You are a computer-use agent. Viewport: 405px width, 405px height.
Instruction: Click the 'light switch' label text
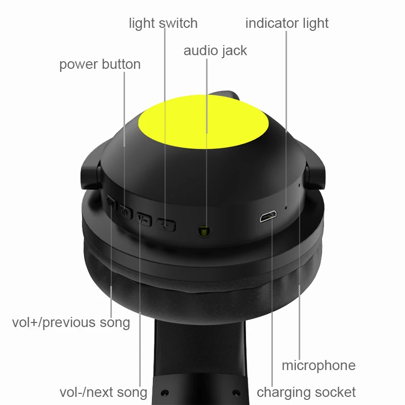click(x=163, y=24)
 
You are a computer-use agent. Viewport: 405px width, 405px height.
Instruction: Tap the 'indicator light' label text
click(x=287, y=24)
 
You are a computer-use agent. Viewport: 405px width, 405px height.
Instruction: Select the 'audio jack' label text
click(x=215, y=51)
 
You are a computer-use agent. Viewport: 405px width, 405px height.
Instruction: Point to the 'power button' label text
click(x=100, y=65)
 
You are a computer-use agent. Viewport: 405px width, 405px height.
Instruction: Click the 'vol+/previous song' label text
click(x=71, y=323)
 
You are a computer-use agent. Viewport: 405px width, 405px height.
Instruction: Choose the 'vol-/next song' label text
click(x=103, y=392)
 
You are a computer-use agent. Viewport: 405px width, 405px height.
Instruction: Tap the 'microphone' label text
click(x=318, y=366)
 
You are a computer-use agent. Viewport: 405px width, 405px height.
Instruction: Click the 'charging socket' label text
click(x=306, y=393)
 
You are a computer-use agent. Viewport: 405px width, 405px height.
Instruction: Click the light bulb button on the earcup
click(x=166, y=225)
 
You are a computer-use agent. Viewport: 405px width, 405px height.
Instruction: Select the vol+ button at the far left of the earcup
click(x=111, y=202)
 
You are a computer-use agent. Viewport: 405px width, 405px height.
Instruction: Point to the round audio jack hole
click(x=204, y=230)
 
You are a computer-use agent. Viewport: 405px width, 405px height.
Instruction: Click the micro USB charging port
click(x=268, y=217)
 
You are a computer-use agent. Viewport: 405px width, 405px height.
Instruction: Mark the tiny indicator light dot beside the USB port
click(x=286, y=207)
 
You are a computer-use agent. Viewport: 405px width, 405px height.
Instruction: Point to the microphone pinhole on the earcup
click(x=299, y=185)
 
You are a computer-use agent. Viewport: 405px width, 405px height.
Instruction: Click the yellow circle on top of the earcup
click(x=204, y=122)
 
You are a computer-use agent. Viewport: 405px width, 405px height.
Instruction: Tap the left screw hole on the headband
click(x=165, y=393)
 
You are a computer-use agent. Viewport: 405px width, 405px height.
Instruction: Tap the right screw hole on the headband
click(x=236, y=393)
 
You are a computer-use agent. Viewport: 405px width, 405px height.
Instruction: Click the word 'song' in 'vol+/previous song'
click(x=115, y=323)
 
